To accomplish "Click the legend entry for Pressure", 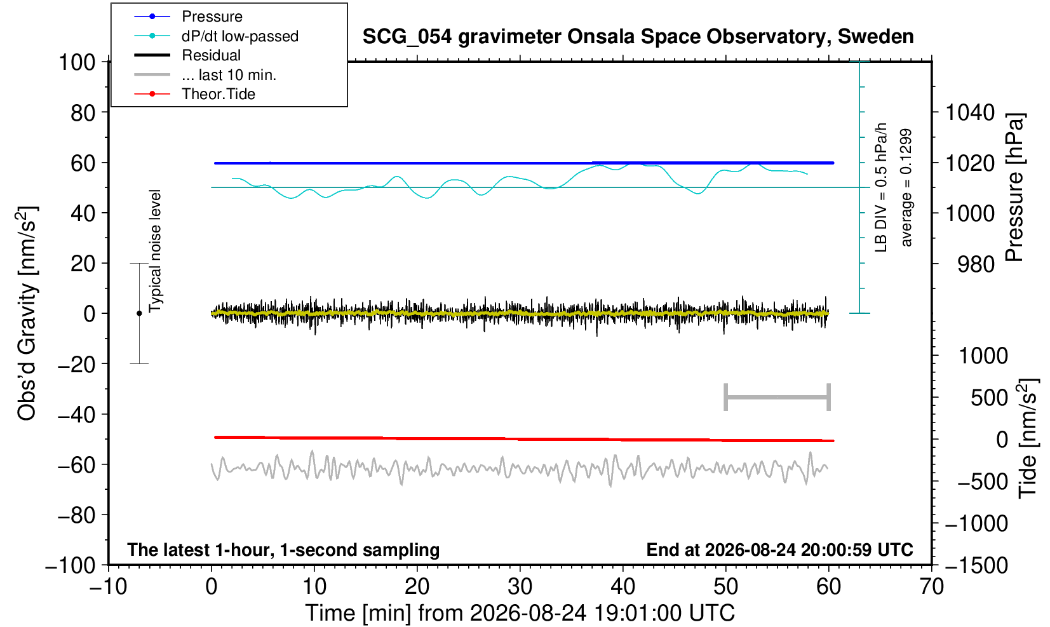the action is tap(212, 17).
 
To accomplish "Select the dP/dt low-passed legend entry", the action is tap(240, 36).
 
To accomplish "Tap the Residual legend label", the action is tap(211, 55).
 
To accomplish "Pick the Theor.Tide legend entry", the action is tap(219, 94).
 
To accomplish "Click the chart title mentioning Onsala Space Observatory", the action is tap(638, 37).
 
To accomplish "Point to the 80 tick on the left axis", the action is tap(83, 112).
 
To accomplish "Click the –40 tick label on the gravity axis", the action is tap(76, 414).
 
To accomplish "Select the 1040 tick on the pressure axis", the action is tap(970, 112).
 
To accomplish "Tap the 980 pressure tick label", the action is tap(976, 264).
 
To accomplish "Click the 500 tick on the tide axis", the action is tap(989, 398).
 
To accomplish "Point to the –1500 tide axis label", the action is tap(976, 565).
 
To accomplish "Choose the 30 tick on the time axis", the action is tap(520, 586).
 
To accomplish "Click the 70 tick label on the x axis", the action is tap(931, 586).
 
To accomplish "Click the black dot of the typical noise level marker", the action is tap(139, 313).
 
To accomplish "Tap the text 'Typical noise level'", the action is tap(155, 251).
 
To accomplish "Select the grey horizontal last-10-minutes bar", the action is tap(777, 397).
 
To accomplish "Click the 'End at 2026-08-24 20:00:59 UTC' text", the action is tap(779, 549).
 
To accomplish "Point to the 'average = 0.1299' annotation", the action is tap(906, 187).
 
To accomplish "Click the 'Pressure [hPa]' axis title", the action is tap(1015, 187).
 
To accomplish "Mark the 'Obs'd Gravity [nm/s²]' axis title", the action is tap(27, 313).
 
